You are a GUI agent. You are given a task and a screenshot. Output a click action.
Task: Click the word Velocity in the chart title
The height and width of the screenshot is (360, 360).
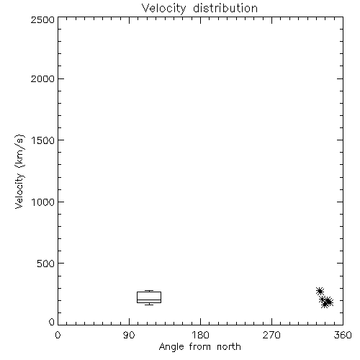point(163,9)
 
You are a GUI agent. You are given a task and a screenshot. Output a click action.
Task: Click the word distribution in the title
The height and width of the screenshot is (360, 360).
point(225,8)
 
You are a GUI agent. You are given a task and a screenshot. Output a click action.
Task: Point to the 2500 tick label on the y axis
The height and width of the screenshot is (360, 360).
point(42,19)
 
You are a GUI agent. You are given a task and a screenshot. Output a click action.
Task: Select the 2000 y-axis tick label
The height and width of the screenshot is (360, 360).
point(42,78)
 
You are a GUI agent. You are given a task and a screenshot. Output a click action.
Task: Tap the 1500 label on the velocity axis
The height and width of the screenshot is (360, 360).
point(43,140)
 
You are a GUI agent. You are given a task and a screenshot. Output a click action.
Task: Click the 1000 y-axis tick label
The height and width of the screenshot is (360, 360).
point(43,202)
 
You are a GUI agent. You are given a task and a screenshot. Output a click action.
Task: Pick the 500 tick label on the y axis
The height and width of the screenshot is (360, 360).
point(46,264)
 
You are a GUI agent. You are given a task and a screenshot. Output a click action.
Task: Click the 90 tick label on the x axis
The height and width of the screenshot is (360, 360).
point(129,335)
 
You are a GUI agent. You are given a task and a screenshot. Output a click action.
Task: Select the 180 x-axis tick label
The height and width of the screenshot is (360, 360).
point(200,335)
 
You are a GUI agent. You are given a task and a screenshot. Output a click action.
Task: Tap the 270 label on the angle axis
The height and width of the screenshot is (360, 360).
point(271,335)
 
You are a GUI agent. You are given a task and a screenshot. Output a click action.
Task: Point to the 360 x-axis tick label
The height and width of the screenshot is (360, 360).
point(343,335)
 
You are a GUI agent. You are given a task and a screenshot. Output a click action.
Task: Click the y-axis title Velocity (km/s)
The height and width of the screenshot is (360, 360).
point(19,171)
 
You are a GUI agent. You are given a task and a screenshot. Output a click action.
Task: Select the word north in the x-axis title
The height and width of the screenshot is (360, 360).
point(229,347)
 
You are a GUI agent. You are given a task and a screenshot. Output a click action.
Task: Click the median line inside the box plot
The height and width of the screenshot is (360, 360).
point(149,300)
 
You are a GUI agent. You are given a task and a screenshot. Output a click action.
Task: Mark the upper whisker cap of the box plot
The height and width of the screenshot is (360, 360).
point(149,291)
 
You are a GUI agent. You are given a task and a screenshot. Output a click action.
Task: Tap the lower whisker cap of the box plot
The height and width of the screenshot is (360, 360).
point(149,305)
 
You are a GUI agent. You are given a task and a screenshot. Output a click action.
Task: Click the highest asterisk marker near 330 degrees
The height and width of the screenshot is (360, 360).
point(320,292)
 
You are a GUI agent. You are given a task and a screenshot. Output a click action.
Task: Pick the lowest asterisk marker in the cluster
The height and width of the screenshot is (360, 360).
point(325,305)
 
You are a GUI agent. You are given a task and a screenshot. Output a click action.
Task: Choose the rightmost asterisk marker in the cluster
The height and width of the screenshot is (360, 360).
point(329,302)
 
